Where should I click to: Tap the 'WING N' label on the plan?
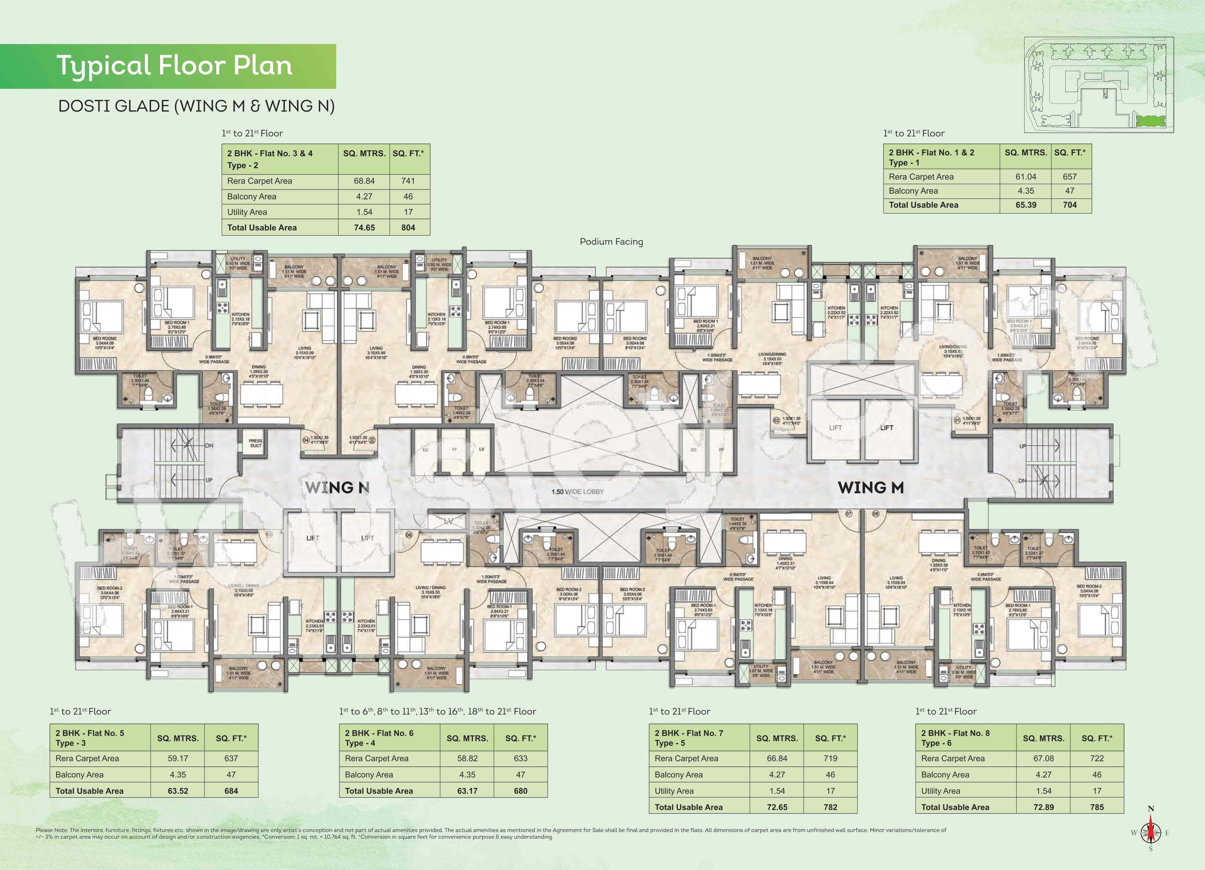coord(337,487)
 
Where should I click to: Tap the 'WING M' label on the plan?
coord(870,487)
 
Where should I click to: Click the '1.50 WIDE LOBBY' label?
coord(577,491)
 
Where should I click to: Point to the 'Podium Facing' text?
coord(611,241)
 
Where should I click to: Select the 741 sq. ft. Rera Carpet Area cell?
coord(408,181)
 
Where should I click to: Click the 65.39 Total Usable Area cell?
coord(1026,205)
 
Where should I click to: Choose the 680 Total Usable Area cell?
coord(520,791)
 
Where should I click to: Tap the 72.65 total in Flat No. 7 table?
coord(777,807)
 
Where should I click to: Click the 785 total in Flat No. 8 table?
coord(1097,807)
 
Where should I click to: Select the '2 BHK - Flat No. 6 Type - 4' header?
coord(379,738)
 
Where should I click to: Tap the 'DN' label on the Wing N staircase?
coord(209,446)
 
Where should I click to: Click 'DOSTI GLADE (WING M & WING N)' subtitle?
coord(196,106)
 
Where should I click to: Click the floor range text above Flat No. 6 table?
coord(438,711)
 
